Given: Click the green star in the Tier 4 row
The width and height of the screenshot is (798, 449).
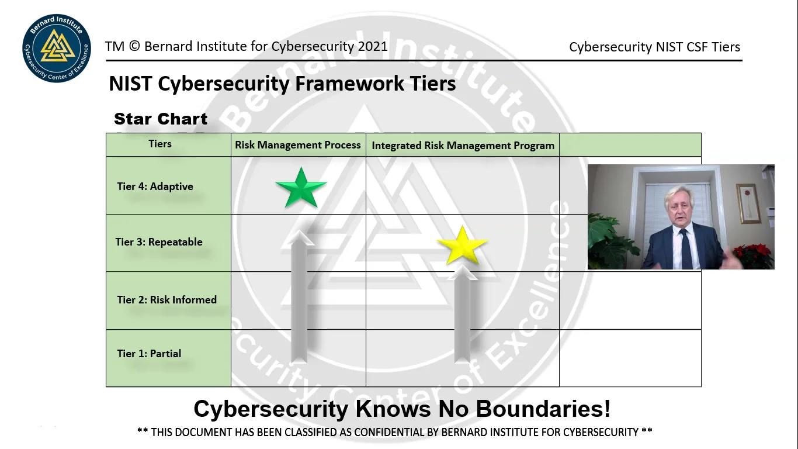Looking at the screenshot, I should coord(301,188).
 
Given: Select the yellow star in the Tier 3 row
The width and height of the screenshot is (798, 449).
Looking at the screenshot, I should coord(462,246).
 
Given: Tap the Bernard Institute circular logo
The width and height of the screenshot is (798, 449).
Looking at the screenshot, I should coord(57,48).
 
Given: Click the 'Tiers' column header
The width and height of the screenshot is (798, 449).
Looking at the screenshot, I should coord(160,144).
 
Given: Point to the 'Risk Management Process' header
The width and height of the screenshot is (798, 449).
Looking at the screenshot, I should coord(298,145).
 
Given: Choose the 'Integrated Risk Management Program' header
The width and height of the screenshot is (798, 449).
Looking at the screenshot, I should coord(463,146).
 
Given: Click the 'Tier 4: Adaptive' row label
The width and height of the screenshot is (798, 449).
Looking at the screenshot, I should coord(155,186).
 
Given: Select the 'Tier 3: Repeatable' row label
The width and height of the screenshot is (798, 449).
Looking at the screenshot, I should coord(159,242).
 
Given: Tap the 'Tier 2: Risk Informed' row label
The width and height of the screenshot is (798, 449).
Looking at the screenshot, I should coord(166,300).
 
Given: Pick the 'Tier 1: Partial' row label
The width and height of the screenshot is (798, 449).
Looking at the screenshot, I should coord(149,354).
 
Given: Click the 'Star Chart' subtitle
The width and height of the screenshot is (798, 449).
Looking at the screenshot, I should coord(161,119).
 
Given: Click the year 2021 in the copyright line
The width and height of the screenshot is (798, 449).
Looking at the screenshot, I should coord(373,47).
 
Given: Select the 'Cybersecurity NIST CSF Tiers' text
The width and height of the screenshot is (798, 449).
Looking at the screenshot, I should coord(654,47).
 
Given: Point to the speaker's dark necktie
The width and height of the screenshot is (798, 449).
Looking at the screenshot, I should coord(685,248).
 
